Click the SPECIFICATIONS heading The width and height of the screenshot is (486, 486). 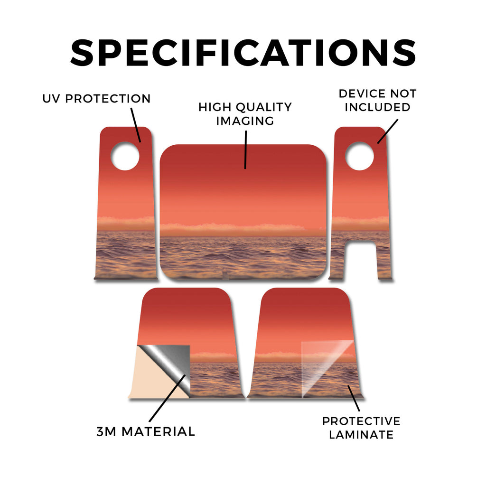243,53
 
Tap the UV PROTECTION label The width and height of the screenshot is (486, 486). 96,99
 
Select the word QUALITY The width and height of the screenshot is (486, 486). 264,107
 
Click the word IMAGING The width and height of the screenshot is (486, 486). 245,121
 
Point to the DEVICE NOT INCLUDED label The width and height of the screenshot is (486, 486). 377,101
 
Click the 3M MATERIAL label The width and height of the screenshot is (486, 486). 146,431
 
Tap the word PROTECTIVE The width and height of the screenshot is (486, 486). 361,421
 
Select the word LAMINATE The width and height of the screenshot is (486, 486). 361,435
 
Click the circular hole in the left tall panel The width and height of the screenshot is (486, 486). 125,156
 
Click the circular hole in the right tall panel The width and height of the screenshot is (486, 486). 360,156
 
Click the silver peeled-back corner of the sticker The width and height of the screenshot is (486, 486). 174,366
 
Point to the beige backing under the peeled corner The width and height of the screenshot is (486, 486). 152,378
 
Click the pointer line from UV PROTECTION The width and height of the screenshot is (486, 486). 136,125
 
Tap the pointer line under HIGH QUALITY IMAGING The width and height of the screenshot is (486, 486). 245,150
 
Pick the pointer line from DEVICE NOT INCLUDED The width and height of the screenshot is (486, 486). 387,131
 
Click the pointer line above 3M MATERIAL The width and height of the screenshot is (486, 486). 168,398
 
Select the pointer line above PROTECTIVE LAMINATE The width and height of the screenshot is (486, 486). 354,398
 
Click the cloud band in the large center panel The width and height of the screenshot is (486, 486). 233,229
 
